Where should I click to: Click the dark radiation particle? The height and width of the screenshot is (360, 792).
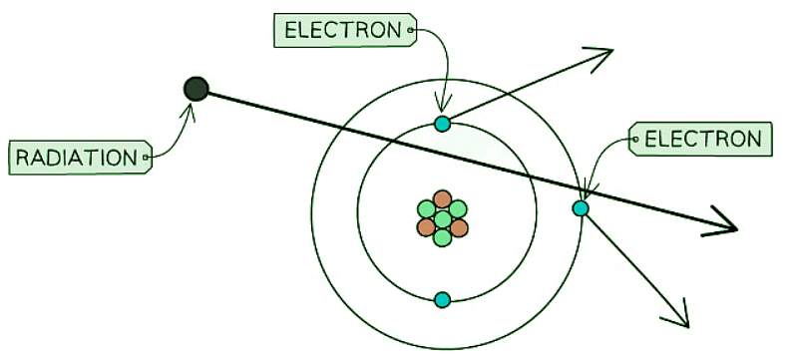197,89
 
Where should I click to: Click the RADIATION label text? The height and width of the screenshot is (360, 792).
77,157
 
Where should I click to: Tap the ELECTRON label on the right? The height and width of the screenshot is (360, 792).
702,140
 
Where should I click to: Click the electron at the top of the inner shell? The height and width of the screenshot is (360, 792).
443,124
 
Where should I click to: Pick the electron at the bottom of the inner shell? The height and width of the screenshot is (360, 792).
443,299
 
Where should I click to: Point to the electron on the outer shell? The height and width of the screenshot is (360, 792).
581,207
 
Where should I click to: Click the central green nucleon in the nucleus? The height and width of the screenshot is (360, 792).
443,217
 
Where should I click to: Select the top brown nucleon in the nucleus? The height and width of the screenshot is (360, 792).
443,199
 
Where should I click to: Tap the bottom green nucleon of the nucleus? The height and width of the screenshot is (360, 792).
443,236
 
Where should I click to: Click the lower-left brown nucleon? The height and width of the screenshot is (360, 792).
427,227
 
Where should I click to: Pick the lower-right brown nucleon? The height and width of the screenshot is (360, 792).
459,227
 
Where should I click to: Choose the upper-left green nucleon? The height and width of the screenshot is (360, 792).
427,208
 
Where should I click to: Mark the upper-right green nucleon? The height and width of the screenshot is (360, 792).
459,208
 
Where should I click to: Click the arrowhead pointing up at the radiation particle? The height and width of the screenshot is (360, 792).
195,107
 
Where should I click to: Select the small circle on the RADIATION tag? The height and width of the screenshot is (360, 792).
146,157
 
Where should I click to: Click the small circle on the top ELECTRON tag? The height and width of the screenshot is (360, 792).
410,31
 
